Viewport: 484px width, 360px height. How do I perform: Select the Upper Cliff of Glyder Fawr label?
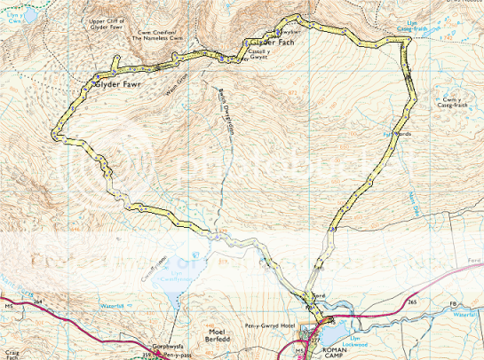(123, 24)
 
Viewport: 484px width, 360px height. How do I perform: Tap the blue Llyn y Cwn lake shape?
(27, 14)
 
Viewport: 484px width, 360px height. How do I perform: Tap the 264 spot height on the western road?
(37, 302)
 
